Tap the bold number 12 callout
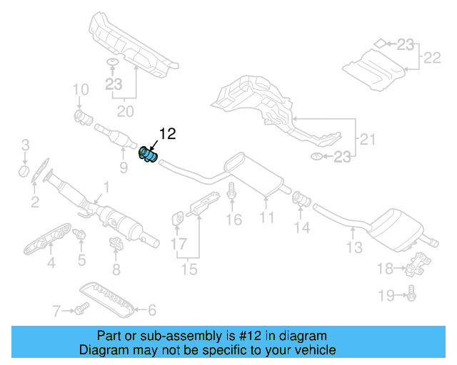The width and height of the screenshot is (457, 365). coord(166,133)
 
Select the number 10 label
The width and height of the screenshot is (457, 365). coord(80,90)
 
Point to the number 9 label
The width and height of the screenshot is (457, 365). coord(123,168)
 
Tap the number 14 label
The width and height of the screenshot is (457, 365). coord(303,227)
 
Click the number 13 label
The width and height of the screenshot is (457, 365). coord(355,247)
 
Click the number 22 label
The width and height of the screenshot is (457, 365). coord(433,58)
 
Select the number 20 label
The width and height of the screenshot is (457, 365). coord(125,110)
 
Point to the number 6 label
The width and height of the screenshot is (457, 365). coord(151,310)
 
